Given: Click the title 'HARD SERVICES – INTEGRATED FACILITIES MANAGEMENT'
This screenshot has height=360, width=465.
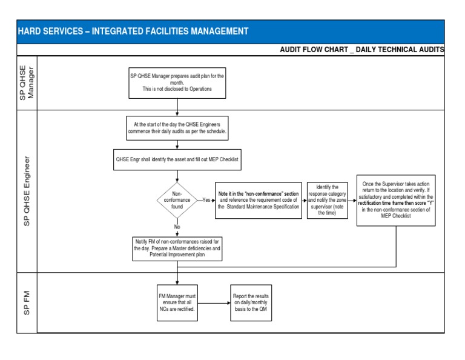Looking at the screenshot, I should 133,31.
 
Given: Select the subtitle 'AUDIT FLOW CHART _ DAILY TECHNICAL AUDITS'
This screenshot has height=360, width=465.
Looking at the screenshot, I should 362,49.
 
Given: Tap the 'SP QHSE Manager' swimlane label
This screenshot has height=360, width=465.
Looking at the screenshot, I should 27,83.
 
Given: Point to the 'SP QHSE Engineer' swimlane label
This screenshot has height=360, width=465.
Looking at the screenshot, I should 27,191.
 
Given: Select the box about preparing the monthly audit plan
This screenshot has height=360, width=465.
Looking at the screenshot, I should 177,82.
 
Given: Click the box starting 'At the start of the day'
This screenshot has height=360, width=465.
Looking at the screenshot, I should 177,127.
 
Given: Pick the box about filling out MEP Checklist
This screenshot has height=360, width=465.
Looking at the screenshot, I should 177,159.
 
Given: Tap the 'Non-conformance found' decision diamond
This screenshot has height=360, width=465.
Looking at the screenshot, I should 177,199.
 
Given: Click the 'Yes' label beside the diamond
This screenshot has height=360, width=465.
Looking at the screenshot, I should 206,199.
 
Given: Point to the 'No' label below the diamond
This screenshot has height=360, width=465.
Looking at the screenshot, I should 177,227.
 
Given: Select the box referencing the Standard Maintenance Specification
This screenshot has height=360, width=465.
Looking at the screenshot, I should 259,200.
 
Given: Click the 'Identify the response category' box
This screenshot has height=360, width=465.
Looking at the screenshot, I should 328,200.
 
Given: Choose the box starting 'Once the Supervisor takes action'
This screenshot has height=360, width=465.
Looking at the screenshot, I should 395,199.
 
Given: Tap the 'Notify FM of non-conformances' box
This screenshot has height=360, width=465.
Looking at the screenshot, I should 177,248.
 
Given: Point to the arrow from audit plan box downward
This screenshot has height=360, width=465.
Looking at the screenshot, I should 177,106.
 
